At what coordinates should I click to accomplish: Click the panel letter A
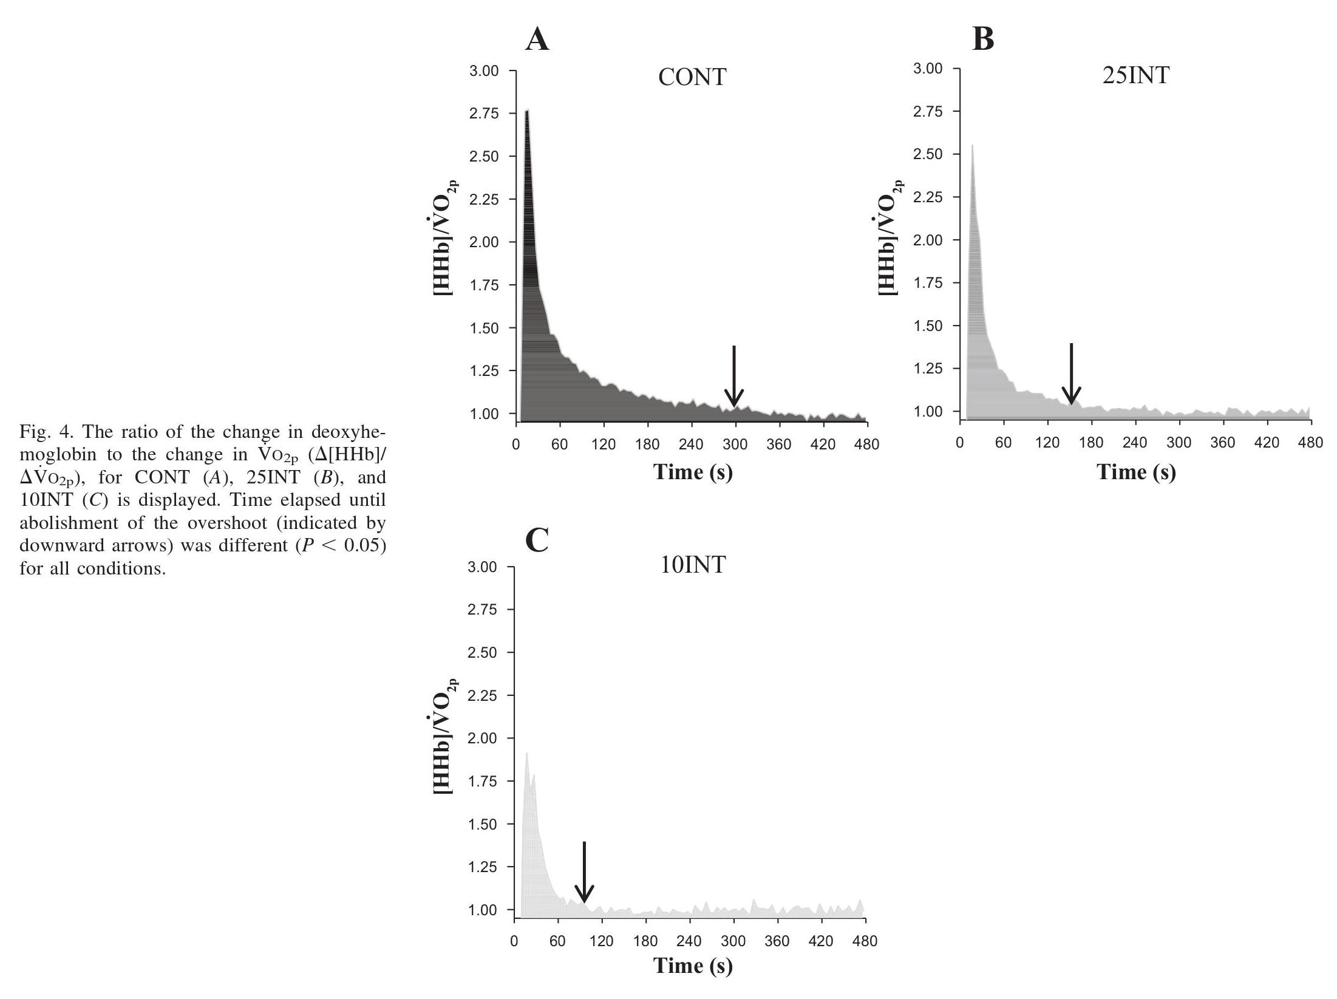click(x=537, y=40)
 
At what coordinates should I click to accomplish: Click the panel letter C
click(x=537, y=540)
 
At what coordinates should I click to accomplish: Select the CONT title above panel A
click(x=692, y=77)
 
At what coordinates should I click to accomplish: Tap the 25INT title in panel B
click(x=1135, y=75)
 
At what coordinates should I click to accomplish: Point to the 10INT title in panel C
click(x=692, y=565)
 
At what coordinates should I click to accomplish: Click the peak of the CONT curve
click(x=527, y=111)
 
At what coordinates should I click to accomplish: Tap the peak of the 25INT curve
click(x=972, y=146)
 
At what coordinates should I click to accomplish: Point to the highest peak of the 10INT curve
click(x=526, y=754)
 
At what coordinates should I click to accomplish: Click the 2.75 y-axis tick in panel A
click(x=484, y=114)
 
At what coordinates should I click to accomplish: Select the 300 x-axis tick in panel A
click(x=735, y=445)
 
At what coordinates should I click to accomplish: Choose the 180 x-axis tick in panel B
click(x=1091, y=443)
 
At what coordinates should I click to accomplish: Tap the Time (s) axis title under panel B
click(x=1136, y=472)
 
